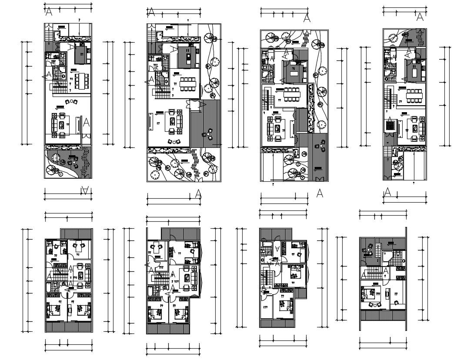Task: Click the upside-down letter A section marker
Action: tap(86, 190)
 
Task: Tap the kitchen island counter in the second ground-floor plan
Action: tap(190, 56)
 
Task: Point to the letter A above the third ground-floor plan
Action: tap(307, 18)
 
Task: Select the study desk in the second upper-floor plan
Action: tap(156, 247)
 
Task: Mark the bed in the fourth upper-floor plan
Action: tap(372, 292)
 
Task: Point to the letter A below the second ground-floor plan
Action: tap(198, 193)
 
